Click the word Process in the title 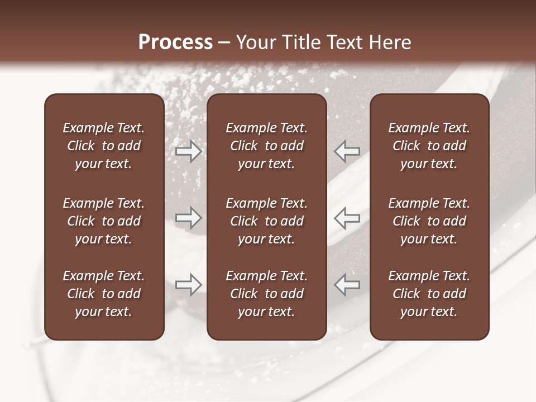tap(175, 42)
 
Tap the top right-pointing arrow tap(189, 151)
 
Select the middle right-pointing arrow tap(189, 218)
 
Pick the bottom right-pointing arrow tap(189, 285)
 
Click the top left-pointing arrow tap(347, 151)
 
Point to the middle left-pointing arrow tap(347, 218)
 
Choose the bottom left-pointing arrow tap(347, 285)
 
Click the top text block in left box tap(104, 146)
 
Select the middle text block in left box tap(104, 221)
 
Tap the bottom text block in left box tap(104, 294)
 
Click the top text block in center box tap(266, 146)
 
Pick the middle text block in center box tap(266, 221)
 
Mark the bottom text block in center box tap(266, 294)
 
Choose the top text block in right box tap(429, 146)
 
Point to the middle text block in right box tap(429, 221)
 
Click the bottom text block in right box tap(429, 294)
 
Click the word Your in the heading tap(256, 42)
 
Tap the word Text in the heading tap(344, 42)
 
